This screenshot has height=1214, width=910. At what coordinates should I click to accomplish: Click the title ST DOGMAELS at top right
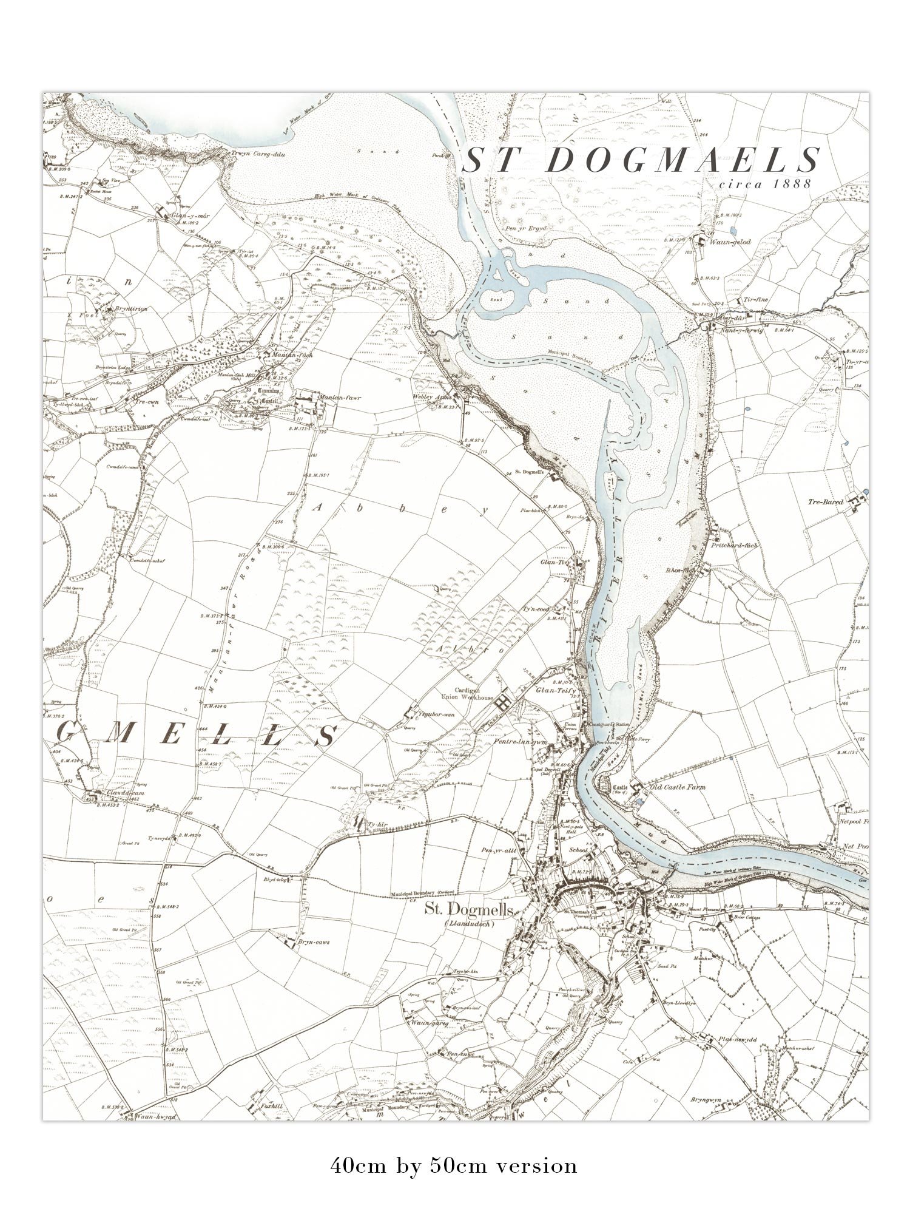(641, 161)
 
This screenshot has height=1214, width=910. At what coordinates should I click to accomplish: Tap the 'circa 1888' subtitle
(763, 184)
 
